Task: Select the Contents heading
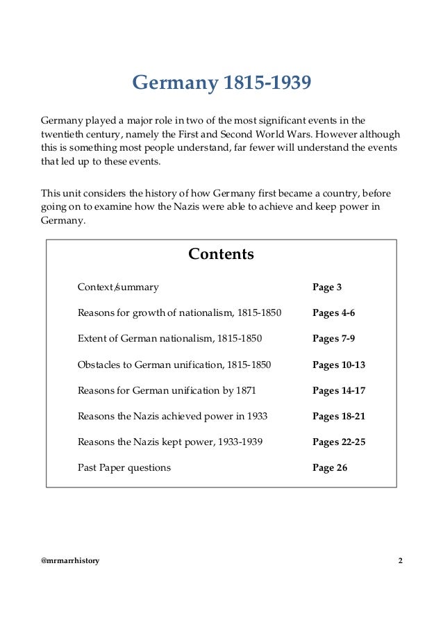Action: click(x=221, y=254)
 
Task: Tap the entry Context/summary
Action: click(x=118, y=287)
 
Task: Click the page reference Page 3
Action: click(x=326, y=287)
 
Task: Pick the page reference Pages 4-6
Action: click(x=333, y=313)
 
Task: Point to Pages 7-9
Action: click(x=333, y=339)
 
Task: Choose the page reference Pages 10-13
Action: click(x=339, y=365)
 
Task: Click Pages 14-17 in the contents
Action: click(x=339, y=390)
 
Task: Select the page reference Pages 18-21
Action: click(x=339, y=417)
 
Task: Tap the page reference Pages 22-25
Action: click(x=339, y=442)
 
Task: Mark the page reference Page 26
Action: click(x=330, y=468)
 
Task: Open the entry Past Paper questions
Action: click(x=124, y=468)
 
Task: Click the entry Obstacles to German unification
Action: click(x=174, y=365)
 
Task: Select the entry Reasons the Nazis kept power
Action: click(x=170, y=442)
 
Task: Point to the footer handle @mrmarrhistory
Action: click(x=70, y=560)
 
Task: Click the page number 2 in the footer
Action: click(x=400, y=560)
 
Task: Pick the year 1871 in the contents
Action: click(x=246, y=390)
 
